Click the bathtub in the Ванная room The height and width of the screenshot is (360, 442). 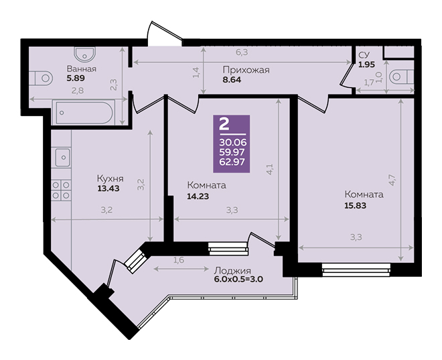(83, 112)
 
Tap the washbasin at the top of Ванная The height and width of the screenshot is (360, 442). (85, 54)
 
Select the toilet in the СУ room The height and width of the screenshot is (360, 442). (401, 76)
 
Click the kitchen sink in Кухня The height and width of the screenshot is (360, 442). (62, 157)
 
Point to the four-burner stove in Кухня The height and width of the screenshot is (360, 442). (61, 190)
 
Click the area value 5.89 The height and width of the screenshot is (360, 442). (76, 78)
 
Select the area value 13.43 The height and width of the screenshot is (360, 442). (108, 188)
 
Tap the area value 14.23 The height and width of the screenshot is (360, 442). (198, 196)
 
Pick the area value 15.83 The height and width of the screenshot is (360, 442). (356, 205)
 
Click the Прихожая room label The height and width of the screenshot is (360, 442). (246, 70)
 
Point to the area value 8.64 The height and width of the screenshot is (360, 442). (232, 80)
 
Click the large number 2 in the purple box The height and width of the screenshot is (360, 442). (224, 124)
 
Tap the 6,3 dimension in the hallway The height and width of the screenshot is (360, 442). (242, 52)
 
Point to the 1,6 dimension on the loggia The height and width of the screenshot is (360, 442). (179, 260)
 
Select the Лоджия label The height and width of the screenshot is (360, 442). (232, 271)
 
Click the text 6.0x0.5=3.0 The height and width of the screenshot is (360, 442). (239, 280)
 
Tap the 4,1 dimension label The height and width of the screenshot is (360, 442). (270, 170)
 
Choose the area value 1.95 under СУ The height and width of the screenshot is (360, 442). (366, 64)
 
